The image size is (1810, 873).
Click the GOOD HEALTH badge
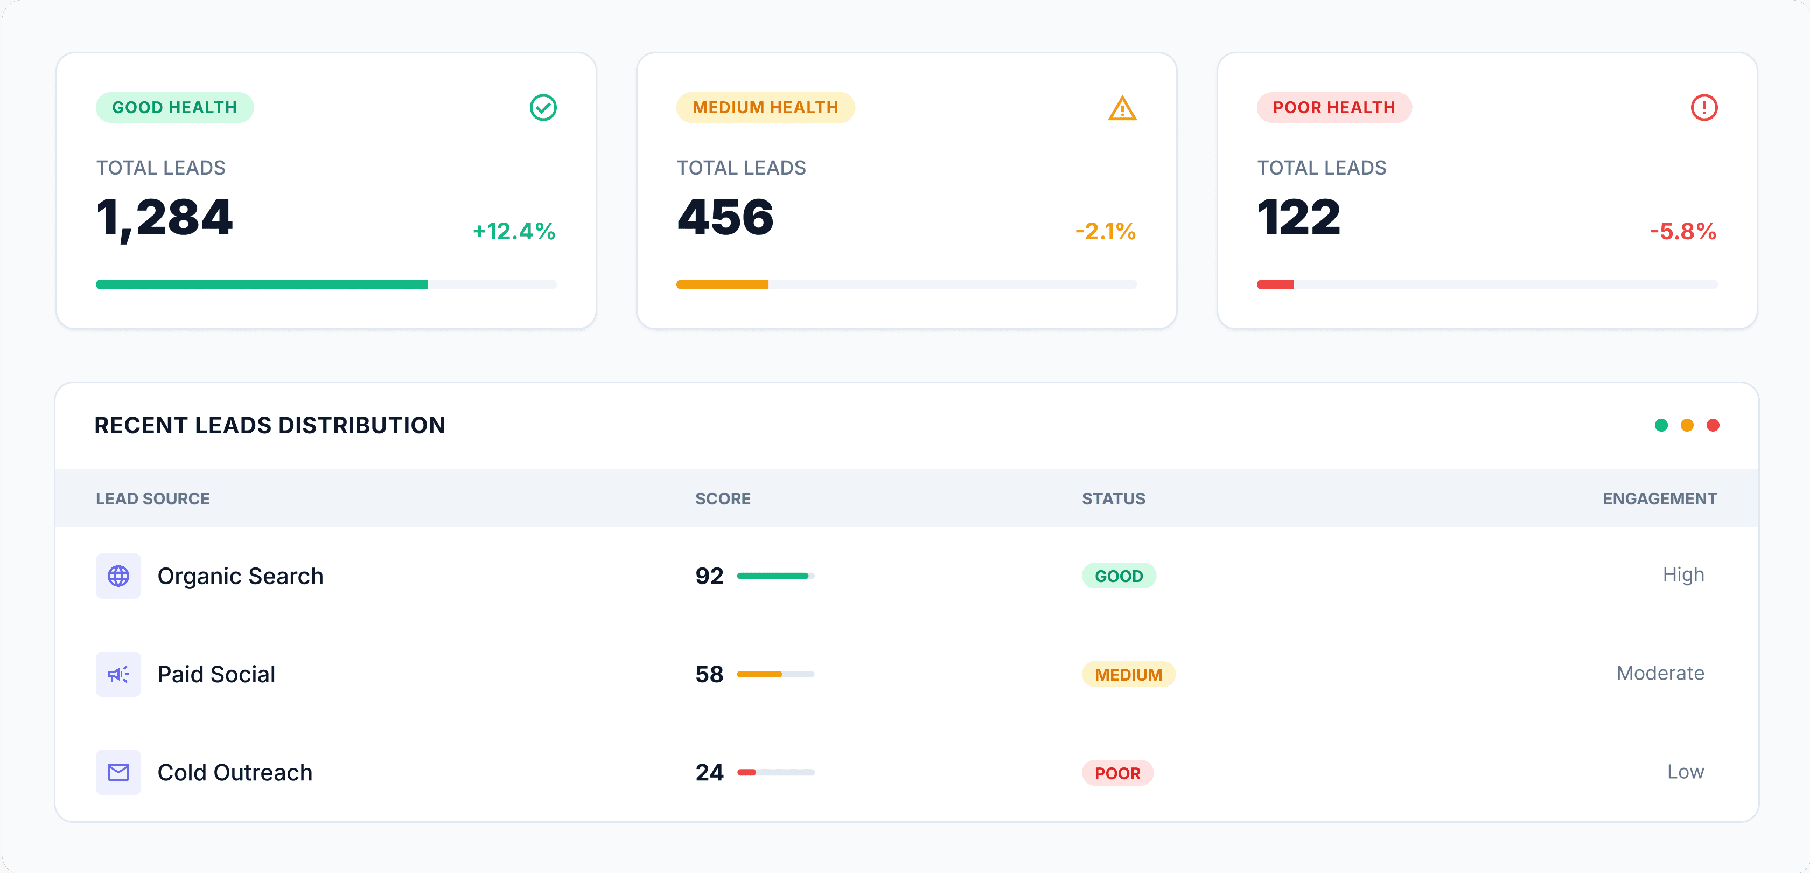[174, 108]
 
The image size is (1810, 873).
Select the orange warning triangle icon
[1122, 109]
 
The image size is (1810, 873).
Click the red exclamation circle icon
[1703, 108]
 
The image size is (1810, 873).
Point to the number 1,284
[164, 217]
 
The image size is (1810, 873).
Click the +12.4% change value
[514, 231]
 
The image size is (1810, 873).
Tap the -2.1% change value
[1105, 231]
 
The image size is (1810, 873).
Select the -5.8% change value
[1683, 231]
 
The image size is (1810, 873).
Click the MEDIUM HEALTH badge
[765, 108]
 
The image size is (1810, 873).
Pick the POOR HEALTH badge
[1333, 108]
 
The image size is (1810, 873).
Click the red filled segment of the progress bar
[1275, 285]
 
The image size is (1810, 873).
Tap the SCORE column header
[722, 499]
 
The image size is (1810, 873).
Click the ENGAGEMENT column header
[1659, 499]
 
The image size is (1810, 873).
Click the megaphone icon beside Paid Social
[118, 675]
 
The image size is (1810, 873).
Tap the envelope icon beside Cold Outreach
[118, 772]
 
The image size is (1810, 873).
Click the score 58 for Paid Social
[709, 675]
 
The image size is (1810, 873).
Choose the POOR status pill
[1117, 773]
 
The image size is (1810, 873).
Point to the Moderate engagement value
[1660, 674]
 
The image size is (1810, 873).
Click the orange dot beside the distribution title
[1686, 425]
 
